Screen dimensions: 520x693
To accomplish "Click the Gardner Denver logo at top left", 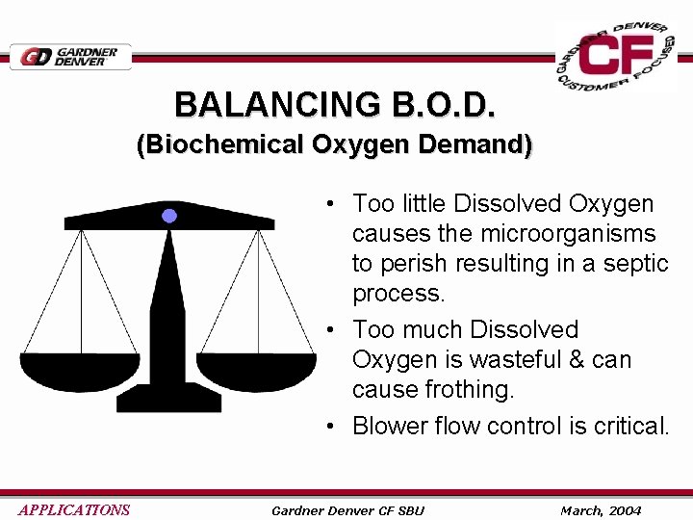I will (x=70, y=57).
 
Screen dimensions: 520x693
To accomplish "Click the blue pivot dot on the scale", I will (x=169, y=216).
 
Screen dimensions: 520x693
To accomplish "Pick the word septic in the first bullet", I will (x=636, y=264).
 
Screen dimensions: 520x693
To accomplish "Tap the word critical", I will (x=629, y=426).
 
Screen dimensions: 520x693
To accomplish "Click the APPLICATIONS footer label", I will (x=74, y=510).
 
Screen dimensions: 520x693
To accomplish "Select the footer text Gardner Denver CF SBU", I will (x=347, y=510).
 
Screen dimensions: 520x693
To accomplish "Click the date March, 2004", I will (x=601, y=510).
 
